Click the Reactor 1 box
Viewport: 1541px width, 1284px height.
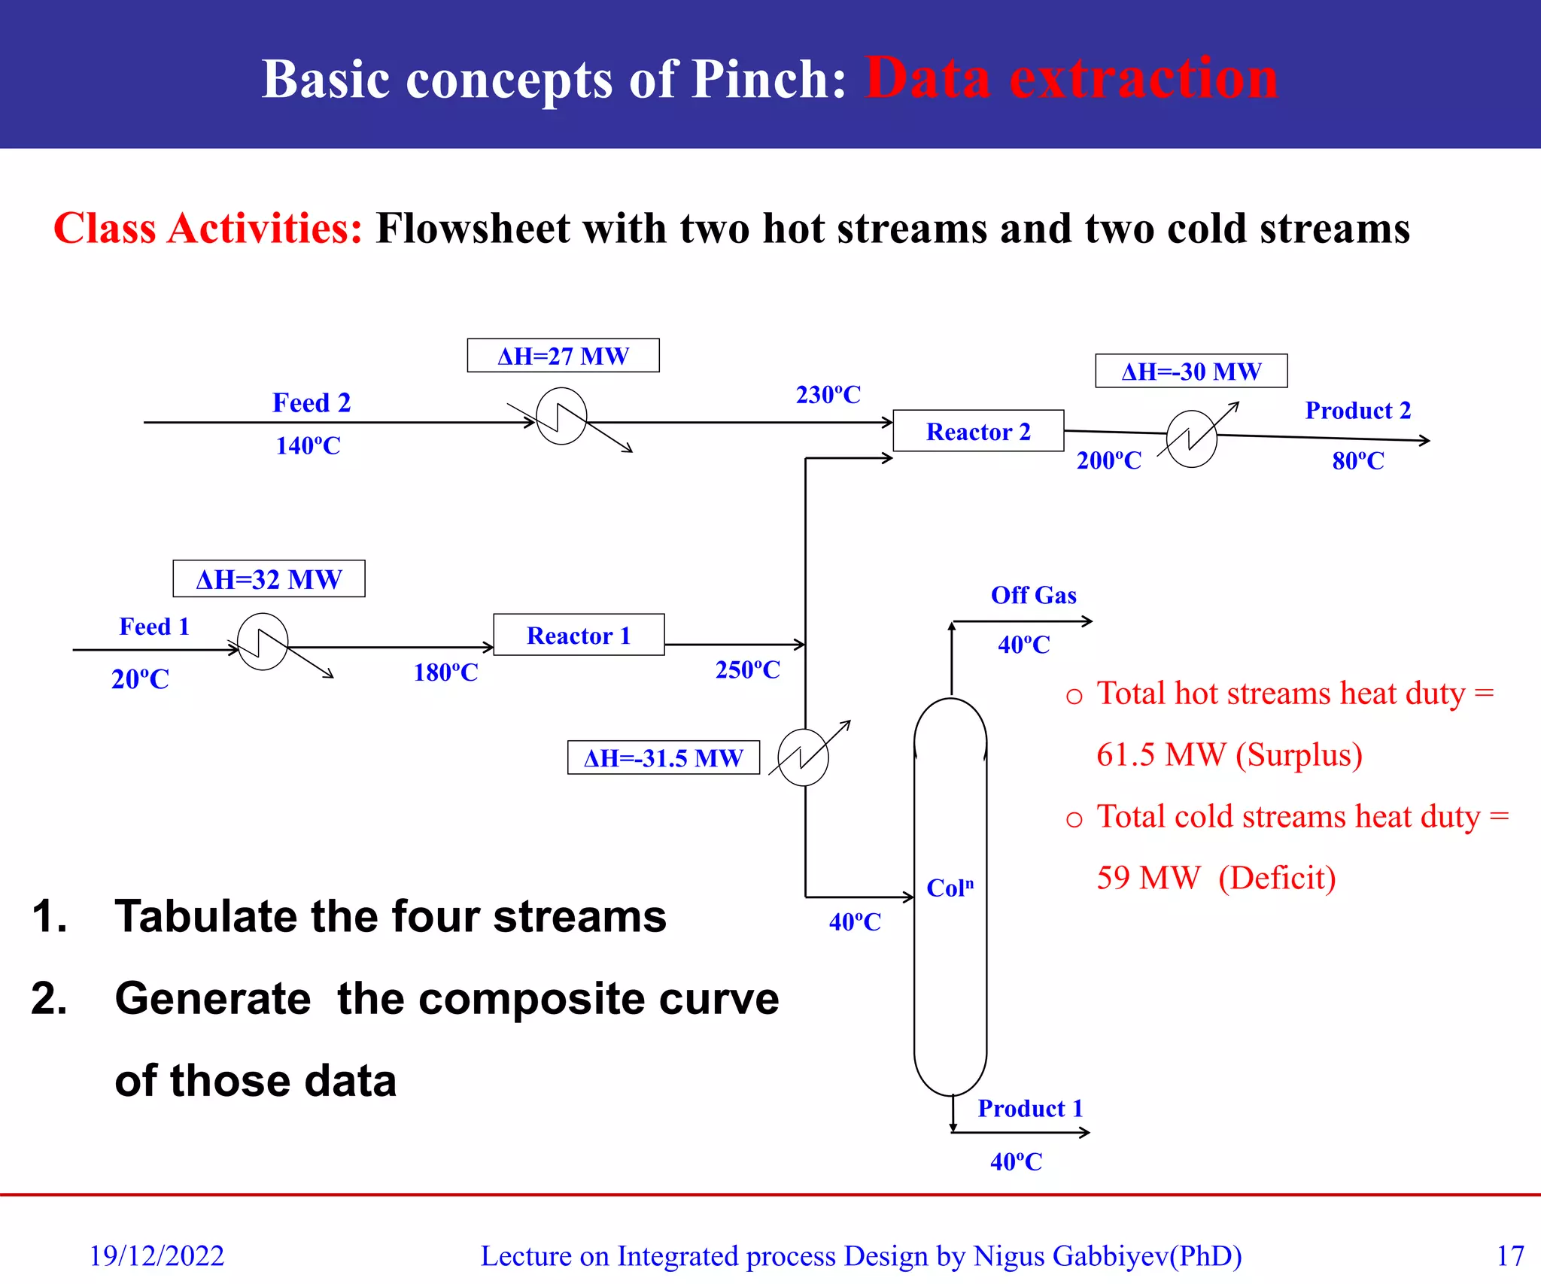click(579, 635)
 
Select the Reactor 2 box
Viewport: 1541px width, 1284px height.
click(978, 431)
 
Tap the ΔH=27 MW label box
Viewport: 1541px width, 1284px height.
click(563, 356)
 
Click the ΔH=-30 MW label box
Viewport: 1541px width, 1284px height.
click(1191, 371)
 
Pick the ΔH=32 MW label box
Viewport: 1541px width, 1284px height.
click(269, 579)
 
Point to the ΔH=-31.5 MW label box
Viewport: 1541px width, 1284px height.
click(663, 757)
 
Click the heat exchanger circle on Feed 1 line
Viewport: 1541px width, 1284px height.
click(263, 642)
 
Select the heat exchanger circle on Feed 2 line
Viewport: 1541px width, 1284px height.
click(561, 416)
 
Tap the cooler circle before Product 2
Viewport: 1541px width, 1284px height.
click(1191, 439)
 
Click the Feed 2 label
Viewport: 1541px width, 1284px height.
click(312, 402)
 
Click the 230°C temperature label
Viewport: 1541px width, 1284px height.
click(828, 395)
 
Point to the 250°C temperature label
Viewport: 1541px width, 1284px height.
click(747, 669)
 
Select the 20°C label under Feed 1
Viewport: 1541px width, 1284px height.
click(140, 679)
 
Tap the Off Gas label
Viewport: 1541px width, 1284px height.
click(1033, 595)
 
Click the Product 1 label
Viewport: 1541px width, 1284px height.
click(1030, 1108)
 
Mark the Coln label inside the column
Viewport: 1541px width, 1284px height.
click(950, 888)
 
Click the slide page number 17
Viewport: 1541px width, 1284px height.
click(1509, 1255)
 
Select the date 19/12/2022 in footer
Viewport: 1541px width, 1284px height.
click(157, 1255)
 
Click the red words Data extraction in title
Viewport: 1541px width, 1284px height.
click(1071, 78)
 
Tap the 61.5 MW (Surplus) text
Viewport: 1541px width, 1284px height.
click(1229, 754)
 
